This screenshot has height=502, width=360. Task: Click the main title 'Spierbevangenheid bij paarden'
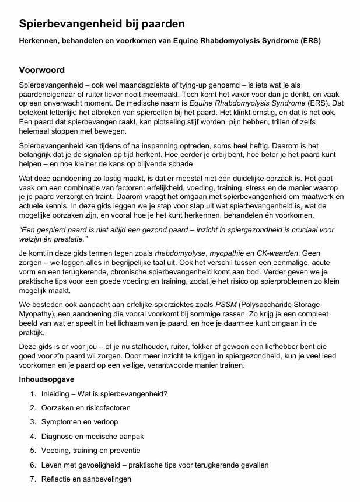click(102, 24)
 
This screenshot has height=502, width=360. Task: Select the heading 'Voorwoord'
click(42, 70)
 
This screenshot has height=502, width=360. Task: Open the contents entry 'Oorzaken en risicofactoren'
click(86, 407)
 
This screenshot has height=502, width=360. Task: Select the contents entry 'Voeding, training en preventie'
click(90, 451)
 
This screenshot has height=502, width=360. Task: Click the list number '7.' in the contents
click(33, 479)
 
